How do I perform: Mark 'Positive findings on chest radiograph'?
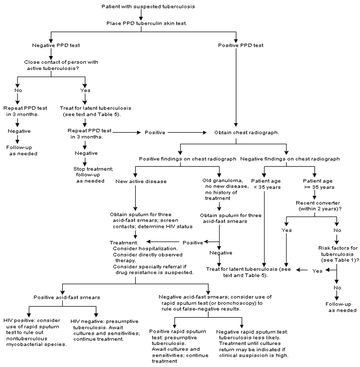[177, 159]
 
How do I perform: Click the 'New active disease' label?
[135, 181]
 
